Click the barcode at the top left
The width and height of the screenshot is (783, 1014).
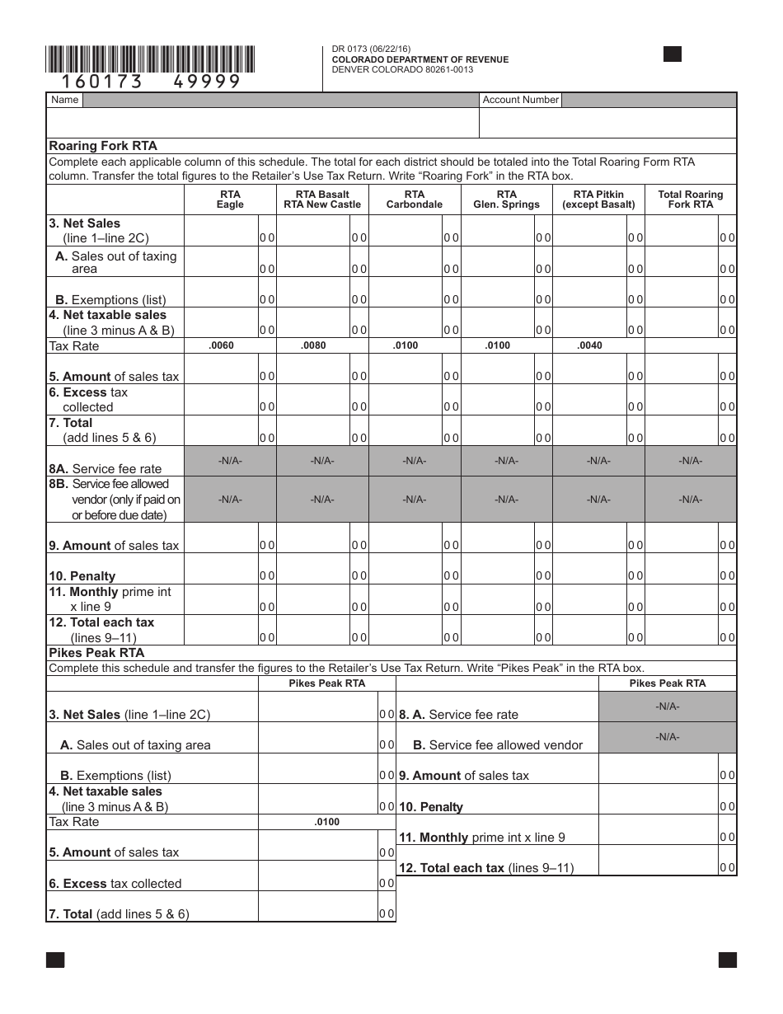tap(150, 60)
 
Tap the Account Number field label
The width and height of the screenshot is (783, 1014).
tap(520, 100)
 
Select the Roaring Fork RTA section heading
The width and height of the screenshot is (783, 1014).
tap(103, 146)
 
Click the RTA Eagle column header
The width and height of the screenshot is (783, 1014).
tap(230, 200)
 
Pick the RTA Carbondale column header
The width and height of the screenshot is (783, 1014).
tap(415, 200)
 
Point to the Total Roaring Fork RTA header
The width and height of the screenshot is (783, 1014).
tap(691, 200)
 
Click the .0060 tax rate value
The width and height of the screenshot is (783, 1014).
tap(222, 345)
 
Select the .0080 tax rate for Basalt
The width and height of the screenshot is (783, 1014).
tap(314, 345)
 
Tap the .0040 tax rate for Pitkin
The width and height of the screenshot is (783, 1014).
tap(590, 345)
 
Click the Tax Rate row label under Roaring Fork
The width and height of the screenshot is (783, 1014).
tap(74, 346)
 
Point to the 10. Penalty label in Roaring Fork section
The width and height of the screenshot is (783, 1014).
tap(82, 576)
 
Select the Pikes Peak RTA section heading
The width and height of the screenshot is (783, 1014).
tap(97, 653)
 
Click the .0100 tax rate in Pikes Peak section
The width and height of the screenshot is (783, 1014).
tap(326, 822)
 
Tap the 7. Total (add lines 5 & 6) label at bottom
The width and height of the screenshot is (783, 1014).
tap(119, 914)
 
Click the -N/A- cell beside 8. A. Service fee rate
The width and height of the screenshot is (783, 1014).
tap(667, 707)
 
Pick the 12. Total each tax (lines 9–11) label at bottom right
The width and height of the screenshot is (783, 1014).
tap(486, 867)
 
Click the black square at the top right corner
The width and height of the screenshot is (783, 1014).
tap(673, 54)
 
